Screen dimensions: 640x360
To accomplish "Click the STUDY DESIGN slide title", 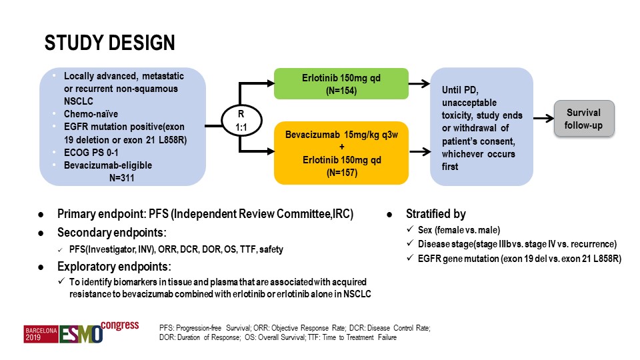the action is pos(110,43).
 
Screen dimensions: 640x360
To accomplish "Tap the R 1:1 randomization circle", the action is pos(241,121).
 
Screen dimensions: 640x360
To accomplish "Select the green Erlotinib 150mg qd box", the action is pos(341,84).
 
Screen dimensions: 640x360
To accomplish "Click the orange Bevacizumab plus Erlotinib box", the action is pos(341,153).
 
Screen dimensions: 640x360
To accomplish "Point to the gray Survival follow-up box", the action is pos(584,119).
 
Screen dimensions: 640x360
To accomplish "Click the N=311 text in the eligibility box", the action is pos(121,178).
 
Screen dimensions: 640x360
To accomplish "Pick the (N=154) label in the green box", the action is pos(341,91).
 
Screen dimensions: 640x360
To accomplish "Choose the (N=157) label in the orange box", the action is pos(342,173).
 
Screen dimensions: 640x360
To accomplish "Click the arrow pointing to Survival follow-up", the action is pos(544,119).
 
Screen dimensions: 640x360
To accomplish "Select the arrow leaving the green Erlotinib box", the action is pos(419,84).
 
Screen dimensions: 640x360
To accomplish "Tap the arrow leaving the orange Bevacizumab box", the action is pos(420,152).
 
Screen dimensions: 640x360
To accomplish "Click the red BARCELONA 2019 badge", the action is pos(41,334).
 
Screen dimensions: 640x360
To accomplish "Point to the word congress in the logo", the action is pos(119,326).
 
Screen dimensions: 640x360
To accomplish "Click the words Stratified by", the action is pos(435,214).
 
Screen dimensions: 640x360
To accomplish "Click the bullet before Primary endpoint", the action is pos(41,215).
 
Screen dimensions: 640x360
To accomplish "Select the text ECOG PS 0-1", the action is pos(91,153).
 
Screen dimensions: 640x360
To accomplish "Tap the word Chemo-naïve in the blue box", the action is pos(91,114).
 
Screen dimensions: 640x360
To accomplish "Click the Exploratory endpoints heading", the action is pos(114,267).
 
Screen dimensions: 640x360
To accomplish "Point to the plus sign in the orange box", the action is pos(341,147).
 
